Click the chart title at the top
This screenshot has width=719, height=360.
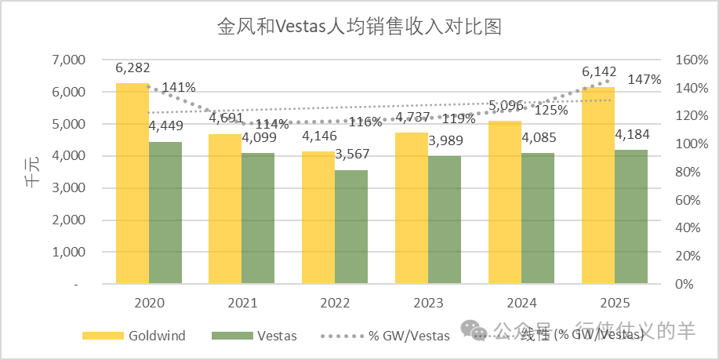[359, 27]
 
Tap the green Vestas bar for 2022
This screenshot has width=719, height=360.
[350, 227]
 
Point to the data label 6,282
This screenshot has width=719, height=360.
[132, 68]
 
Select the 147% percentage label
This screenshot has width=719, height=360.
[645, 80]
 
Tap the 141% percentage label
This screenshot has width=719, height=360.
[179, 87]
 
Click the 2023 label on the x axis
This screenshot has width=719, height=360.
[427, 303]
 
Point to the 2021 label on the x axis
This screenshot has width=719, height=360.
[241, 303]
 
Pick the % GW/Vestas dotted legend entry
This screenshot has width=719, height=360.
[384, 336]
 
